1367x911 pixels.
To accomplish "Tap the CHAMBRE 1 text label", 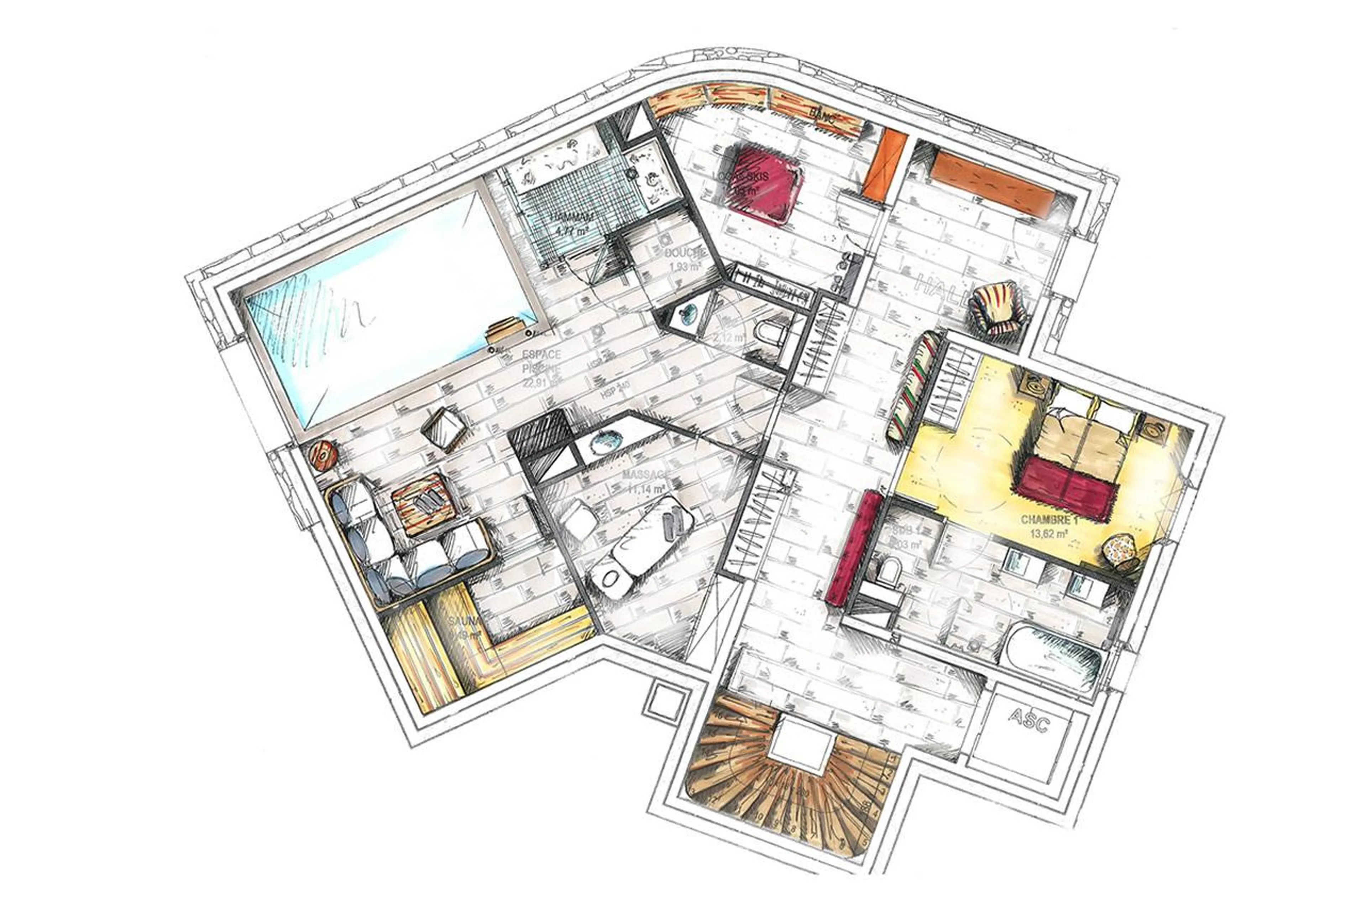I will (x=1049, y=519).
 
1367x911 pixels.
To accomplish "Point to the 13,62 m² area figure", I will (x=1049, y=533).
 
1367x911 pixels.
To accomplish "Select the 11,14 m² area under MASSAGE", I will (x=645, y=489).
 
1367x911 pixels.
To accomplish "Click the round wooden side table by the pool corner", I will (x=323, y=455).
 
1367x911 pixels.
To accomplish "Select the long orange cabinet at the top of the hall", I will (x=992, y=182).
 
